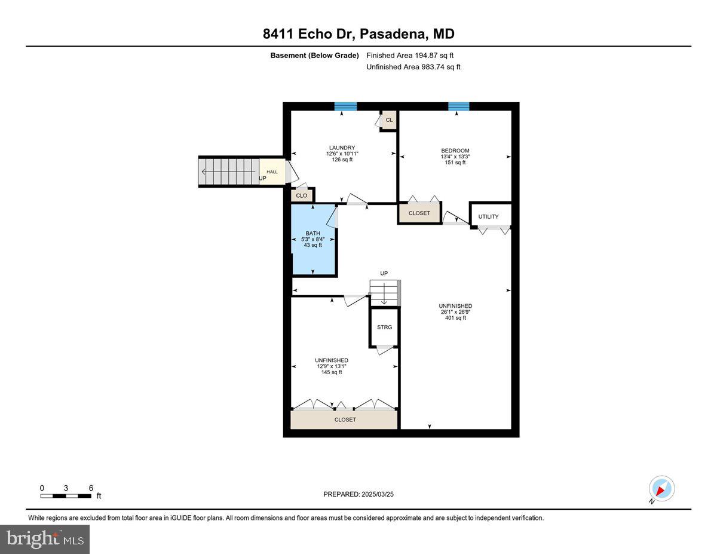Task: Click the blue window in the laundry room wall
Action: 345,106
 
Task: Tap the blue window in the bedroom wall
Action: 459,106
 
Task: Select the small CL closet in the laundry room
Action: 389,120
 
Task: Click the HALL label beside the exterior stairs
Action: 272,172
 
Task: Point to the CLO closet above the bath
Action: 302,195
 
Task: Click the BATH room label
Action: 312,234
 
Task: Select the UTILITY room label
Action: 488,216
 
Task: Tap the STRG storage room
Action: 384,327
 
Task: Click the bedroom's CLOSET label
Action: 419,213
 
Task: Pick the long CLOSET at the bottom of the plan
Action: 345,420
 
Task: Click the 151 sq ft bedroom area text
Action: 455,163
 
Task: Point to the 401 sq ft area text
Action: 455,318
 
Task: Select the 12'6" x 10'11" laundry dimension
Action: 342,154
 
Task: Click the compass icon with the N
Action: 661,489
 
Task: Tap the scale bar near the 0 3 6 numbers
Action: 65,496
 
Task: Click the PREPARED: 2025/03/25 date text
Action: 358,494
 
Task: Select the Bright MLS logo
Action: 45,539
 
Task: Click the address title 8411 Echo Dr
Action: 358,34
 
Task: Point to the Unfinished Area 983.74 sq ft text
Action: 413,67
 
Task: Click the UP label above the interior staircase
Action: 384,274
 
